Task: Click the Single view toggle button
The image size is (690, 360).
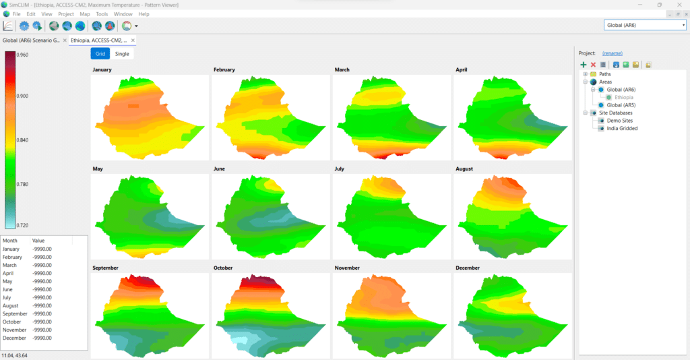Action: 122,53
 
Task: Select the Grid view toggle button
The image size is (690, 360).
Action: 100,53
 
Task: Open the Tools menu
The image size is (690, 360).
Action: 102,13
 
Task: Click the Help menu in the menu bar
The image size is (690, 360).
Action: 144,13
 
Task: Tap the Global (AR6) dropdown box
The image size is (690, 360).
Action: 645,25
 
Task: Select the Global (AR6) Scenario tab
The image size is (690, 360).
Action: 31,40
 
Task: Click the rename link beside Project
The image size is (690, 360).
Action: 612,53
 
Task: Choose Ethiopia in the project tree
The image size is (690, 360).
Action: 625,97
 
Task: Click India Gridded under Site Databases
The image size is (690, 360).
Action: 621,128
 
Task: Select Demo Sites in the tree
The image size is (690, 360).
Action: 619,121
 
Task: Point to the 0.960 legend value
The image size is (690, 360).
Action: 23,55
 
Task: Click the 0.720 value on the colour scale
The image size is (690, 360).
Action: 23,225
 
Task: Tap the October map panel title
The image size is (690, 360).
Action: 223,268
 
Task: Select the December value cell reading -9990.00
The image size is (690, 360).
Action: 42,338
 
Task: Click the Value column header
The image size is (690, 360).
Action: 38,240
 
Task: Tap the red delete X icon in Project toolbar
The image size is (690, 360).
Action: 593,65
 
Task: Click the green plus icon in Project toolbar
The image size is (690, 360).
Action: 584,65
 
